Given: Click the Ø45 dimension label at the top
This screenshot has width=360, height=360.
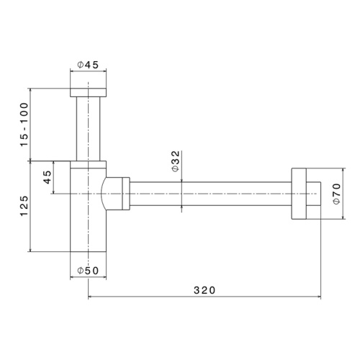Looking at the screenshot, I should [x=88, y=66].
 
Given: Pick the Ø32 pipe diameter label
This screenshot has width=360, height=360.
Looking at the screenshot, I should [x=176, y=162].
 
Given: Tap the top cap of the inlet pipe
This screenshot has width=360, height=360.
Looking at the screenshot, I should [x=88, y=92].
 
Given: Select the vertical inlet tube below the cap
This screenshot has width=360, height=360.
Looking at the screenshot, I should [x=88, y=127].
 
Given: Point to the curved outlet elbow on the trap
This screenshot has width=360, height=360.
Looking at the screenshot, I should [x=112, y=194].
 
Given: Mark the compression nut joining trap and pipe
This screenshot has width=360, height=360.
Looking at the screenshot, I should [x=127, y=194].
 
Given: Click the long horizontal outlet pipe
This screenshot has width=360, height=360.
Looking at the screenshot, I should [x=209, y=194].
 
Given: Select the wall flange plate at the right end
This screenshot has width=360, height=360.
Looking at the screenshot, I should [x=298, y=194].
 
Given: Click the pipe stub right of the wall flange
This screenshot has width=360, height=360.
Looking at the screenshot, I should [x=312, y=194].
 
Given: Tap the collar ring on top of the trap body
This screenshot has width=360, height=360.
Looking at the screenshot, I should [x=88, y=163].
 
